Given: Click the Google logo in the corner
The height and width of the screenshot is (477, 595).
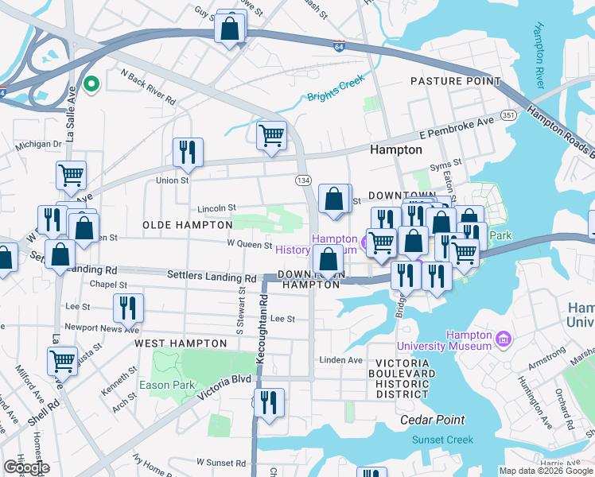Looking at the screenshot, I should [26, 467].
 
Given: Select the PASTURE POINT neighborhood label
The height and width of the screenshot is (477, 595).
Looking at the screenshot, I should [455, 81].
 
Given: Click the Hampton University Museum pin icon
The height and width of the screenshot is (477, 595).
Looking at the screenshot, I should [503, 340].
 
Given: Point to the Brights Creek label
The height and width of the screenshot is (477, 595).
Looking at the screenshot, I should [336, 88].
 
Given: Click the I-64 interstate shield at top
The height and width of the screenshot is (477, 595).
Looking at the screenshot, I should [340, 46].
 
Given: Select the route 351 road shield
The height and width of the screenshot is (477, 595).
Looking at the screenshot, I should [509, 115].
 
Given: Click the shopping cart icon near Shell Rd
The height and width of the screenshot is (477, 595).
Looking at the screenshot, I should [62, 360].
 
